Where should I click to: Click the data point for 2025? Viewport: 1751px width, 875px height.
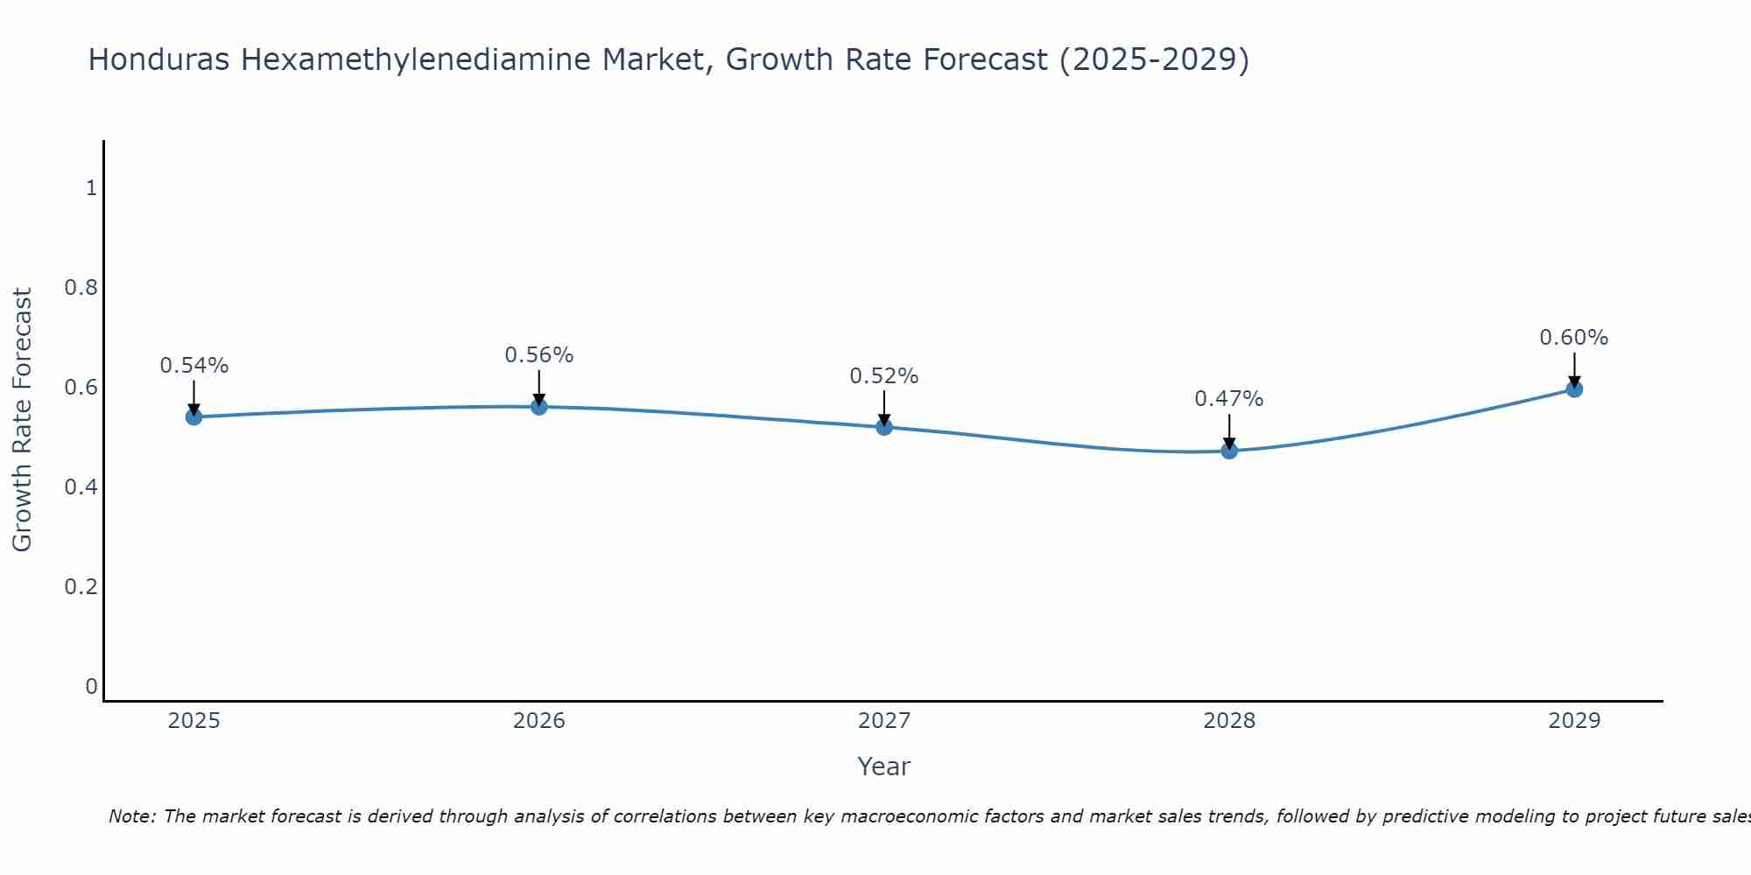pyautogui.click(x=194, y=416)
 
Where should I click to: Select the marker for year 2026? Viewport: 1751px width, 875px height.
pyautogui.click(x=539, y=407)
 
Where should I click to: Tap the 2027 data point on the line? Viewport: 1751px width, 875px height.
pyautogui.click(x=884, y=427)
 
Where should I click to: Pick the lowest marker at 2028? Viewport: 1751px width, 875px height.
pyautogui.click(x=1229, y=451)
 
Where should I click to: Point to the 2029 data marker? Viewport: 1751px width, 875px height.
pyautogui.click(x=1574, y=388)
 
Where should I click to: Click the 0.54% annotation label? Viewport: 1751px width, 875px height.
pyautogui.click(x=194, y=366)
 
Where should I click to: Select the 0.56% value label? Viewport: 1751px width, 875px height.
pyautogui.click(x=539, y=355)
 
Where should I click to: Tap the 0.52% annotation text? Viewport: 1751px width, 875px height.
pyautogui.click(x=884, y=376)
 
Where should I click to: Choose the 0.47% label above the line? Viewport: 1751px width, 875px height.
pyautogui.click(x=1229, y=399)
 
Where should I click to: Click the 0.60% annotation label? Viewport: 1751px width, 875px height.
pyautogui.click(x=1574, y=338)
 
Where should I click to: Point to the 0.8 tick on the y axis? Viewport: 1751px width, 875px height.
pyautogui.click(x=81, y=288)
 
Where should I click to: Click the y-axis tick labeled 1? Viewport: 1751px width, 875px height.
pyautogui.click(x=91, y=188)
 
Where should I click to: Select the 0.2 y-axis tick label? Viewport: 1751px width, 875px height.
pyautogui.click(x=81, y=586)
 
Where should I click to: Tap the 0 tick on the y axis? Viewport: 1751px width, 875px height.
pyautogui.click(x=91, y=686)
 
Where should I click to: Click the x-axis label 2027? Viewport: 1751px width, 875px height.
pyautogui.click(x=884, y=721)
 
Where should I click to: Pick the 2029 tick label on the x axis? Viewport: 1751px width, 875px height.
pyautogui.click(x=1574, y=721)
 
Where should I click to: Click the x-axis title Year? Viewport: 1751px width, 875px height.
pyautogui.click(x=884, y=766)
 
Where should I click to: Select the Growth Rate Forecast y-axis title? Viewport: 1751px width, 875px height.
pyautogui.click(x=22, y=420)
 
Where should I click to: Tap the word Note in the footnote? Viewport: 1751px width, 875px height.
pyautogui.click(x=131, y=816)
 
